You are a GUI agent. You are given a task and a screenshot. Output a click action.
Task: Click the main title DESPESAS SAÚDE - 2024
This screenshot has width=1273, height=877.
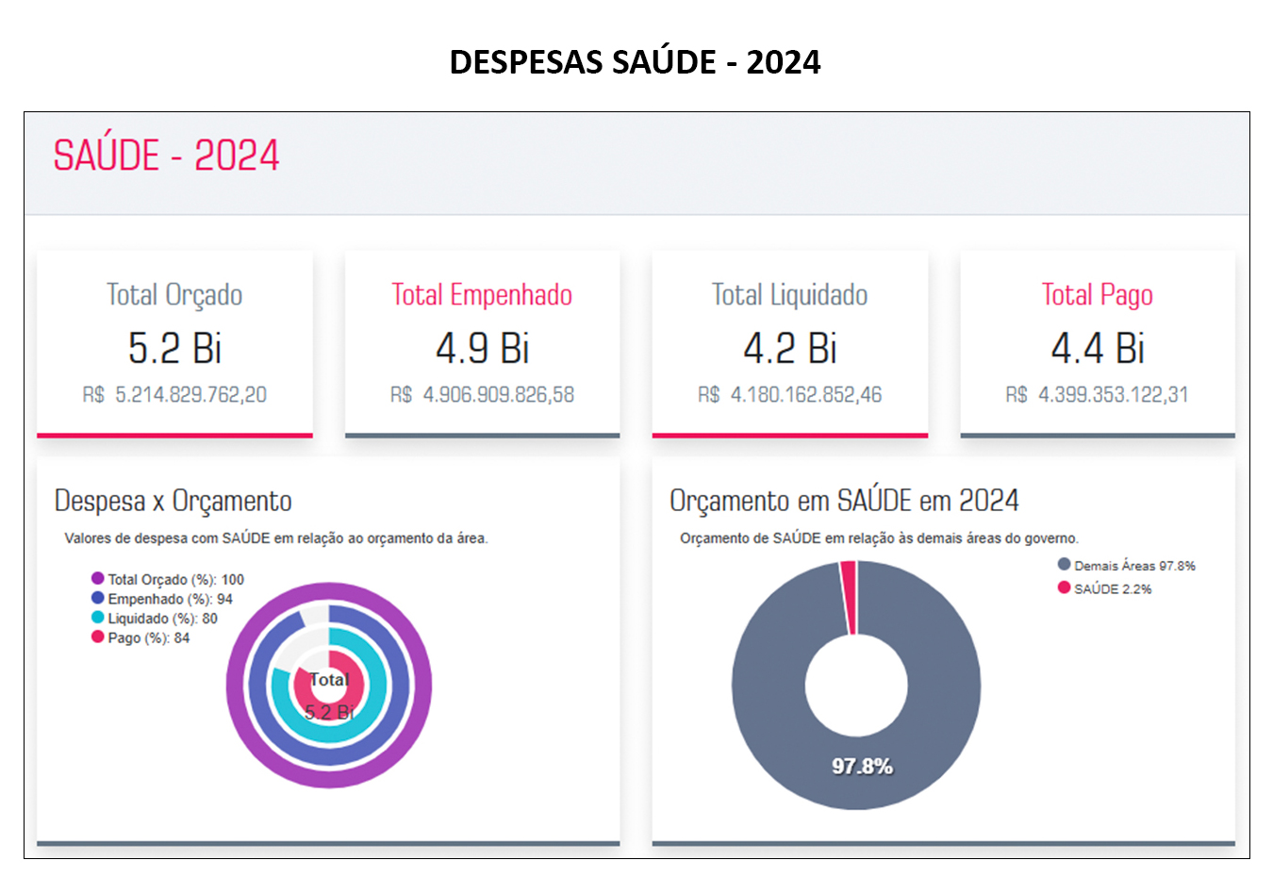click(x=635, y=62)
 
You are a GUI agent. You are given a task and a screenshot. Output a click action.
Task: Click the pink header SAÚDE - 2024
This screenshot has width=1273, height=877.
click(x=166, y=156)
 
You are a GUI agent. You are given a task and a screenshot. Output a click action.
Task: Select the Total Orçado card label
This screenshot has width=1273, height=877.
click(x=174, y=295)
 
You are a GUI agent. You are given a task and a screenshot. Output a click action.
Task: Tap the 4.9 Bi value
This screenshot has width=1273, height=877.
click(x=482, y=349)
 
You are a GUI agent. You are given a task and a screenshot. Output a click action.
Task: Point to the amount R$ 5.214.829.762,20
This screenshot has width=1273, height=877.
click(x=174, y=395)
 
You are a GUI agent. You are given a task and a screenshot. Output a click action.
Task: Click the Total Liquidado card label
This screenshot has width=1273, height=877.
click(x=789, y=295)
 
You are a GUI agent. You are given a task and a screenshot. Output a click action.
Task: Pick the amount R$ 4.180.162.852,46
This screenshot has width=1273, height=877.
click(x=789, y=395)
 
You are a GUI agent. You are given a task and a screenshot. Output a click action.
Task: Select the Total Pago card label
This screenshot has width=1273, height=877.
click(x=1097, y=295)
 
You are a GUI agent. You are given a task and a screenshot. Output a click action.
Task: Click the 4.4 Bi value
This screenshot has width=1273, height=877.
click(x=1098, y=349)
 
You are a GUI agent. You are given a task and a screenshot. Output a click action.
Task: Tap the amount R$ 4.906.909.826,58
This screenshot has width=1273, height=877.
click(x=482, y=395)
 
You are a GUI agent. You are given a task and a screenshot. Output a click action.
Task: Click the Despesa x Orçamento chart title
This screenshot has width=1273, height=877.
click(x=174, y=501)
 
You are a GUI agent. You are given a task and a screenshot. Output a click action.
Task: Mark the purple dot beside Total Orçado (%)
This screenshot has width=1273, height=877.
click(x=97, y=578)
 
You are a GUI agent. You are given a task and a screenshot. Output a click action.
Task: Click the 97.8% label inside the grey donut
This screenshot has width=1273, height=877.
click(x=862, y=767)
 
